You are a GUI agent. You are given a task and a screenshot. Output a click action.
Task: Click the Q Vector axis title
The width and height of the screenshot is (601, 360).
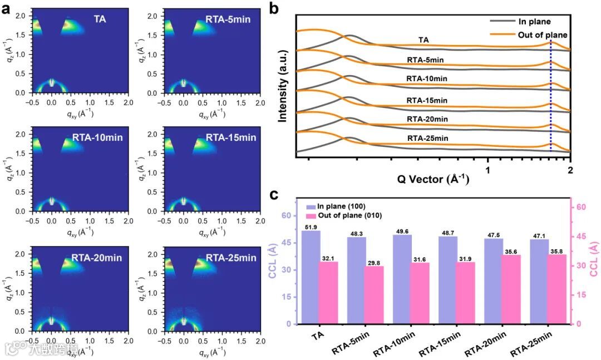pyautogui.click(x=433, y=179)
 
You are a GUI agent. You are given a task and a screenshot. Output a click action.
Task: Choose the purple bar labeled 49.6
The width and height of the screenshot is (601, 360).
pyautogui.click(x=402, y=279)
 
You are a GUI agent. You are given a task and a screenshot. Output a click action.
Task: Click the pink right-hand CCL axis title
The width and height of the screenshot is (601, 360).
pyautogui.click(x=593, y=262)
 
